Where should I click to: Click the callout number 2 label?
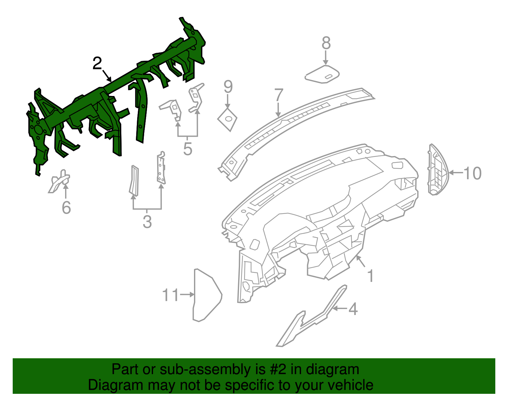[x=97, y=64]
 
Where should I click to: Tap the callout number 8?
[x=326, y=43]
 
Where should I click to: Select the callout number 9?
[x=228, y=87]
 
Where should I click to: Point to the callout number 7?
[x=278, y=95]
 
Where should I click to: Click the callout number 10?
[x=472, y=173]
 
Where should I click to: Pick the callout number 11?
[x=170, y=295]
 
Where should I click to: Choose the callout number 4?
[x=353, y=309]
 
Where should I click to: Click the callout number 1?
[x=370, y=276]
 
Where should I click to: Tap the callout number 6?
[x=66, y=208]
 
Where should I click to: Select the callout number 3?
[x=147, y=222]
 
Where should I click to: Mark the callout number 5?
[x=188, y=149]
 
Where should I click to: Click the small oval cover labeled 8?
[x=322, y=74]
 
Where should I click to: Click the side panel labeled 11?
[x=206, y=295]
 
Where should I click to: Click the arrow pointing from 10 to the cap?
[x=456, y=173]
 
